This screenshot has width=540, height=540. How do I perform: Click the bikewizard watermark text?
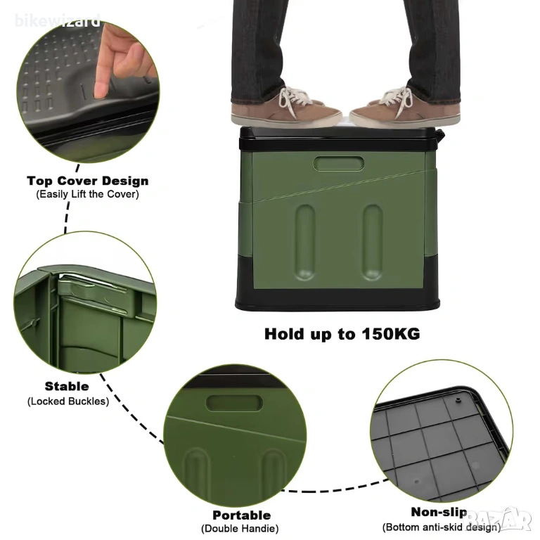[x=58, y=20]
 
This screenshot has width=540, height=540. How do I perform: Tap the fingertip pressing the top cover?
[x=101, y=91]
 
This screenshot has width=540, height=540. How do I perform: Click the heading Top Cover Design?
[x=88, y=181]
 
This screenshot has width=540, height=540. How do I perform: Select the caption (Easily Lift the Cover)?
[x=87, y=194]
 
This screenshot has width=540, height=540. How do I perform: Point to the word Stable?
[x=67, y=387]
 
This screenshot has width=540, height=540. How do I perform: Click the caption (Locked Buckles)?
[x=68, y=401]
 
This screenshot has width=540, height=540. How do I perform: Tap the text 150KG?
[x=390, y=334]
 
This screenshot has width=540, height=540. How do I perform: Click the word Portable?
[x=242, y=515]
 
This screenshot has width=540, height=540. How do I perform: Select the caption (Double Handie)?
[x=240, y=529]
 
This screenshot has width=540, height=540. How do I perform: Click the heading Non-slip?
[x=439, y=512]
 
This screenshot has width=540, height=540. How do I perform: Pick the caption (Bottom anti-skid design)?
[x=442, y=527]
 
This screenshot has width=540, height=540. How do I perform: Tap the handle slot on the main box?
[x=338, y=164]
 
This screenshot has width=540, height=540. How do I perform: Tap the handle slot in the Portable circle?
[x=234, y=403]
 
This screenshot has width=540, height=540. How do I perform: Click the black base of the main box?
[x=337, y=299]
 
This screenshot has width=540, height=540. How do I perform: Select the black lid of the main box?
[x=341, y=139]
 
